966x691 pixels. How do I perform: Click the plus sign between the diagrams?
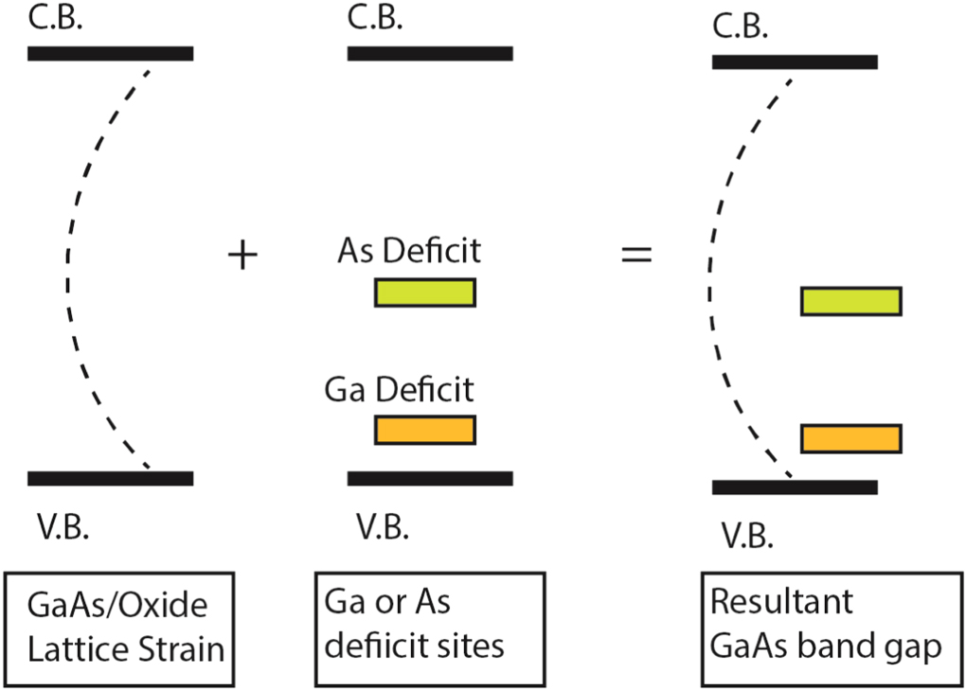[x=244, y=256]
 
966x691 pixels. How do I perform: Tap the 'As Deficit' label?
[x=409, y=251]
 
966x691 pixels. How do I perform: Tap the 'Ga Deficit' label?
[x=399, y=389]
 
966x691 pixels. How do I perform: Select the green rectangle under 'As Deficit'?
[x=424, y=292]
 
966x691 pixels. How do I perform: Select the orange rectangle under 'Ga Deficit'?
[x=424, y=430]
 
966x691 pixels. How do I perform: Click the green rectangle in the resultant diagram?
[x=850, y=301]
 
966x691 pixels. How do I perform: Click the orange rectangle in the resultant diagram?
[x=850, y=438]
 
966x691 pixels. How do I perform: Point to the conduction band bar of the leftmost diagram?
[x=110, y=53]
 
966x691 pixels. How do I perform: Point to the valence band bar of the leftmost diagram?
[x=110, y=478]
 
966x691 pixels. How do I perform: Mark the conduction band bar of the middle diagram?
[x=430, y=53]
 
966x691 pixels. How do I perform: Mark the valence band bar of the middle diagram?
[x=430, y=478]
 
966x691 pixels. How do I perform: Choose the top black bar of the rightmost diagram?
[x=794, y=62]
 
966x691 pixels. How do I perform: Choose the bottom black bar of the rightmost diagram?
[x=794, y=487]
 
